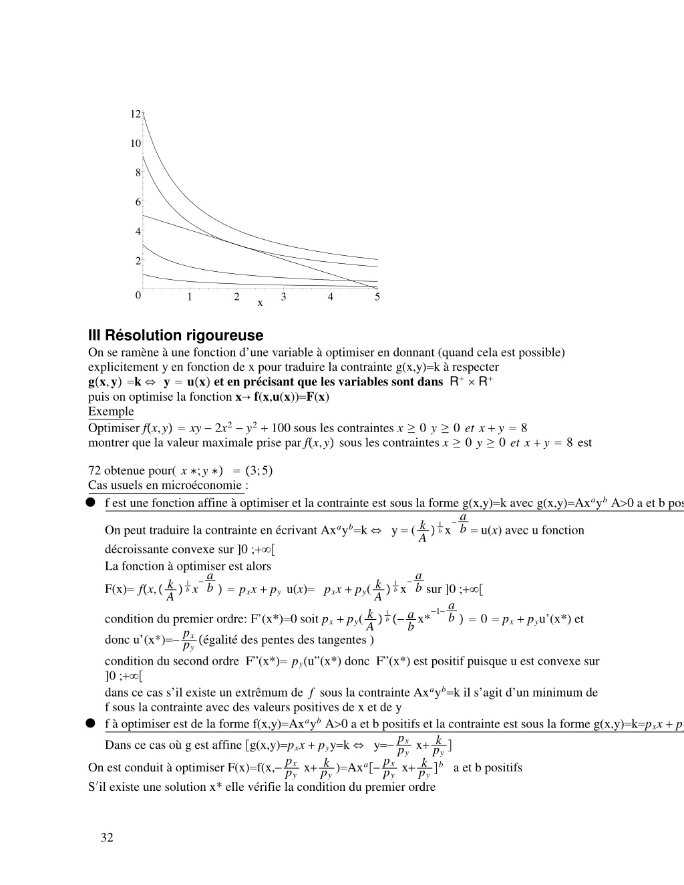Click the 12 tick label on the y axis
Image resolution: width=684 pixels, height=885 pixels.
tap(135, 114)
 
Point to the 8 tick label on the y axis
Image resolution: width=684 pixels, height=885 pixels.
tap(138, 172)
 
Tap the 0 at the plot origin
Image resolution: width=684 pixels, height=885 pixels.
tap(138, 295)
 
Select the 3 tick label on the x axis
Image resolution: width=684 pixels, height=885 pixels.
tap(283, 297)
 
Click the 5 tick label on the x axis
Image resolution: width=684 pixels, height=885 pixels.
tap(377, 297)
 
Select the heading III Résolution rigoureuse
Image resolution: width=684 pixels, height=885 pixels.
tap(176, 335)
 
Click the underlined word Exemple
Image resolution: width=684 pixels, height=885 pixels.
tap(111, 411)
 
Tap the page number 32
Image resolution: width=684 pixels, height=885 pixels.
tap(107, 838)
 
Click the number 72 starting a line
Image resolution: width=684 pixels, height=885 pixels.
tap(94, 470)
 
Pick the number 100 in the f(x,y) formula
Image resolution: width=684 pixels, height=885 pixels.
tap(281, 428)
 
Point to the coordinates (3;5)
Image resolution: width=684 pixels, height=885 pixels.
tap(259, 470)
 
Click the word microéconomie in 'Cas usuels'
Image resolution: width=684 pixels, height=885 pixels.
tap(208, 486)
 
